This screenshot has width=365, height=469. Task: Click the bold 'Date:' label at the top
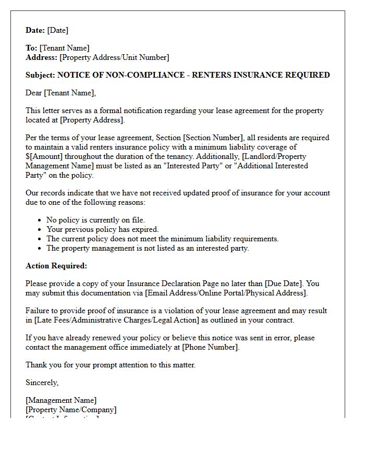tap(35, 30)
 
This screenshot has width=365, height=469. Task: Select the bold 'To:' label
tap(31, 48)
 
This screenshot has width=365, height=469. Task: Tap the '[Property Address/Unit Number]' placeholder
tap(114, 57)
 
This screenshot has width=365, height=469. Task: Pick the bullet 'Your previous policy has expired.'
tap(102, 229)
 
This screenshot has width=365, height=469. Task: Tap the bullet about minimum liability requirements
tap(162, 239)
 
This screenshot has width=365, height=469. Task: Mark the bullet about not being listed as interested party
tap(148, 248)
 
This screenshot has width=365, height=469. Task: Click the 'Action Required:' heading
tap(56, 266)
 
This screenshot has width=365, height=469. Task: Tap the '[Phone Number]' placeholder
tap(210, 347)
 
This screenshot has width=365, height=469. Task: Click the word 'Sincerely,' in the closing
tap(42, 382)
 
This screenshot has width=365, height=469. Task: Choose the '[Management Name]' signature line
tap(61, 400)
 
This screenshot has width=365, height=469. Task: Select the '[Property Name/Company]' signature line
tap(71, 410)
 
